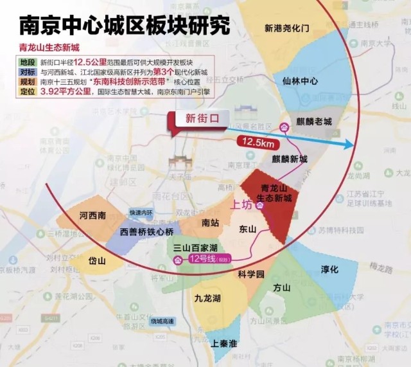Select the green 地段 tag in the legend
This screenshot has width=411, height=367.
pyautogui.click(x=27, y=62)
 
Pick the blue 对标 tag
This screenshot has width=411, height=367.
pyautogui.click(x=27, y=73)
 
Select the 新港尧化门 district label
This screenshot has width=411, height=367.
pyautogui.click(x=287, y=28)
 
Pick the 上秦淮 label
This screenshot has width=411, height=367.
pyautogui.click(x=223, y=343)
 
